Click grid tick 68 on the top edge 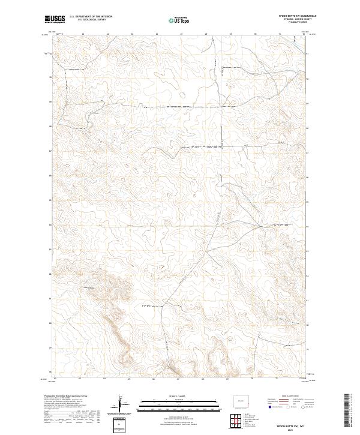click(206, 34)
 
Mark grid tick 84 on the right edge click(308, 226)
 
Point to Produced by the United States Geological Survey click(66, 397)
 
